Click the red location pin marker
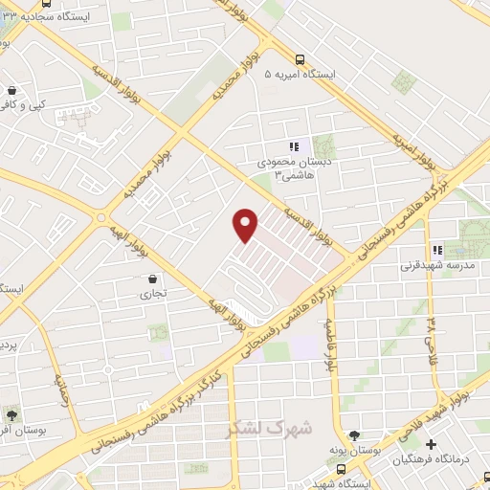pyautogui.click(x=246, y=223)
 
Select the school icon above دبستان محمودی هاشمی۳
pyautogui.click(x=295, y=146)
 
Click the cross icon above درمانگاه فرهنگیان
pyautogui.click(x=431, y=444)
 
